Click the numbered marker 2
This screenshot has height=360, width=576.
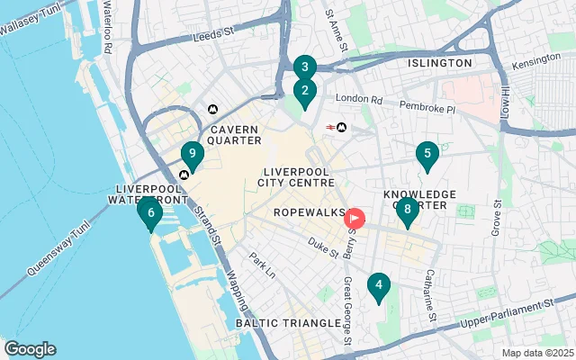(305, 91)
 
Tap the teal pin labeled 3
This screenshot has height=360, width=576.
(305, 67)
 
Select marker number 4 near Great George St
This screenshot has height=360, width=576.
(379, 287)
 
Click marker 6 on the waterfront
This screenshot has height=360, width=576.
(150, 214)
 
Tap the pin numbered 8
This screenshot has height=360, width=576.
(408, 211)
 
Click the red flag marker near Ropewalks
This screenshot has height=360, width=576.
(355, 218)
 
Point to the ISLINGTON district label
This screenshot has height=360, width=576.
(439, 63)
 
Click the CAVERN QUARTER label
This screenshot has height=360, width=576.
(235, 135)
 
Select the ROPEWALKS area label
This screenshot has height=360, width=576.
(309, 212)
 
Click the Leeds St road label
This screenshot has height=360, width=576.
(214, 38)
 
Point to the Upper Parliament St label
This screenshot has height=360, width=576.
(504, 313)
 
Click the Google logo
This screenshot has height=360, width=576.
(30, 349)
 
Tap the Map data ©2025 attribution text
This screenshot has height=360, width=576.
(536, 353)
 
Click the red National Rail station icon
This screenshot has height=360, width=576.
(330, 128)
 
